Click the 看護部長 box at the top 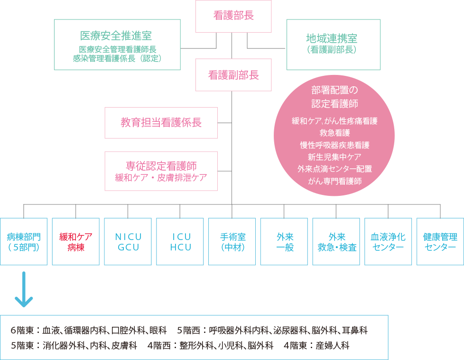tap(233, 16)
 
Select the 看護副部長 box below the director tap(233, 75)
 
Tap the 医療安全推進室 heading tap(117, 36)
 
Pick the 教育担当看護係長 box tap(161, 123)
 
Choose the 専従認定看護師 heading tap(161, 166)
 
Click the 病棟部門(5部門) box tap(24, 241)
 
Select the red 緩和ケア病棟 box tap(76, 241)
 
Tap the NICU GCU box tap(128, 241)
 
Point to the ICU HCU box tap(180, 241)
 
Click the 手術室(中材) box tap(232, 241)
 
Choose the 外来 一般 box tap(284, 241)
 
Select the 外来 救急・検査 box tap(336, 241)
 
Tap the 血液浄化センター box tap(388, 241)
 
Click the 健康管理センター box tap(440, 241)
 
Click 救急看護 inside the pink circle tap(334, 133)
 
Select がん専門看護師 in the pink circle tap(334, 181)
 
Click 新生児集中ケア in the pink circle tap(334, 157)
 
